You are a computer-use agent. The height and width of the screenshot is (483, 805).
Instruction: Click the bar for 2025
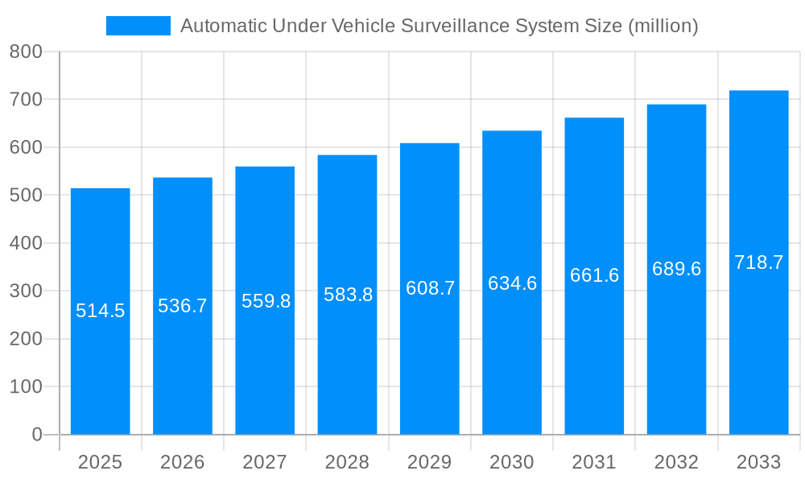(101, 362)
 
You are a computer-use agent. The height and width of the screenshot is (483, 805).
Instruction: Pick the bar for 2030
(512, 362)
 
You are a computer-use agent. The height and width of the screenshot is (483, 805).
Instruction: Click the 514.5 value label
(101, 311)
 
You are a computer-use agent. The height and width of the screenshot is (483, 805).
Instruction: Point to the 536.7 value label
(183, 306)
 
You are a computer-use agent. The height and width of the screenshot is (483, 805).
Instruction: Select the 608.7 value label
(430, 288)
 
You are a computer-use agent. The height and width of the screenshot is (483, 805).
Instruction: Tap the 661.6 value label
(594, 275)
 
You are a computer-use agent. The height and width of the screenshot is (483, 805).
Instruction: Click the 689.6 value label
(676, 269)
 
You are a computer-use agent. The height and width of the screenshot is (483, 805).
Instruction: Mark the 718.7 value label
(758, 262)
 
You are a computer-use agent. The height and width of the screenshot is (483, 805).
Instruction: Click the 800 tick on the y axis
(26, 52)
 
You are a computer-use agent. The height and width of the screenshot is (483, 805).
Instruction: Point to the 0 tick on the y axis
(37, 435)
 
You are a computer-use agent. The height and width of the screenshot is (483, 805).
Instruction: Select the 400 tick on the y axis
(26, 243)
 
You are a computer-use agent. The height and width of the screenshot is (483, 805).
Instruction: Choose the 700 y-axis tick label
(26, 100)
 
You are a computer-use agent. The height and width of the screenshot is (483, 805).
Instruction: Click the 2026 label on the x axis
(183, 462)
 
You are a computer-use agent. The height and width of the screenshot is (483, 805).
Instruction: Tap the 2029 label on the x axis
(430, 462)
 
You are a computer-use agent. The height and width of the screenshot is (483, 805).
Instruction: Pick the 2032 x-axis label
(676, 462)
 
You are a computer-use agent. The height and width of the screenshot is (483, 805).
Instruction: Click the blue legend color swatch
(138, 26)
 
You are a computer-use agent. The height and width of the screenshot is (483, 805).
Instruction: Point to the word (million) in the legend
(662, 26)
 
